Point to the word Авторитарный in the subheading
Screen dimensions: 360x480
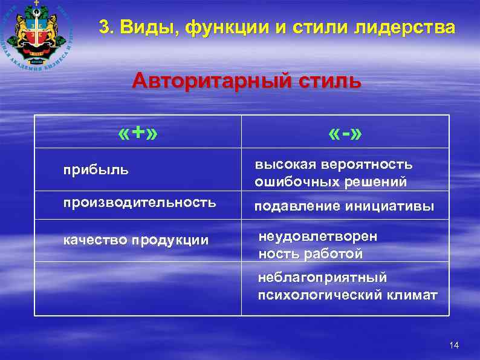pyautogui.click(x=215, y=80)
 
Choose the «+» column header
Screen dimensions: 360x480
pyautogui.click(x=138, y=133)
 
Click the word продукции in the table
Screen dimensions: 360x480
pyautogui.click(x=171, y=240)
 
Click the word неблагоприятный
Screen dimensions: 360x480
pyautogui.click(x=323, y=278)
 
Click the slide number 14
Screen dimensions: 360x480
pyautogui.click(x=455, y=345)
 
